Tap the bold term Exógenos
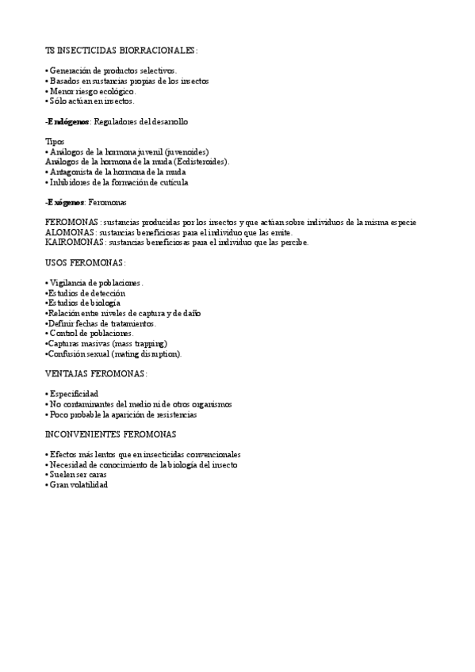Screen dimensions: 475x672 (65, 202)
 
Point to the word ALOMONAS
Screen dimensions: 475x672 (70, 232)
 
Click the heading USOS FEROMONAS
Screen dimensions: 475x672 (86, 262)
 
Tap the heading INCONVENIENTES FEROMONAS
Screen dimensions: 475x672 (111, 434)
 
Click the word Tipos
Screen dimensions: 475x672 (55, 141)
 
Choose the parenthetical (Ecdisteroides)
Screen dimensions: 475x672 (200, 162)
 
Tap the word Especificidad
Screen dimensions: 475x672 (74, 394)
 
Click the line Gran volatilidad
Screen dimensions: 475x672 (78, 484)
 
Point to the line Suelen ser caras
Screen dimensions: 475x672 (78, 474)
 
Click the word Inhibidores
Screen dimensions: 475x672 (70, 182)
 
